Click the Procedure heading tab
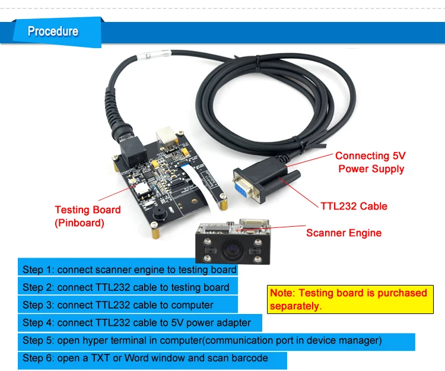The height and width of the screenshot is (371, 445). coord(53,31)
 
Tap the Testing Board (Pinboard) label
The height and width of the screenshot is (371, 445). coord(87,216)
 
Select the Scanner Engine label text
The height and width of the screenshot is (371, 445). coord(344,233)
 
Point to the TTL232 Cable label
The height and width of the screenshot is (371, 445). coord(354,207)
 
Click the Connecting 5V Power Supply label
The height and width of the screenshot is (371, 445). coord(370,162)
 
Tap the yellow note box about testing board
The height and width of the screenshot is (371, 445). coord(349,299)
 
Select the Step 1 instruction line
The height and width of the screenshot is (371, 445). coord(128,269)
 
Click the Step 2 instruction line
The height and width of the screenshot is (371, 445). coord(126,287)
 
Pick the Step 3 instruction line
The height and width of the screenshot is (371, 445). coord(118,305)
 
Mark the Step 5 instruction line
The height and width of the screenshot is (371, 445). coord(202,341)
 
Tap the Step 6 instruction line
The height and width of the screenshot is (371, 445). coord(145,359)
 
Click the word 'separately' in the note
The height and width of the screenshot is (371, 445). coord(295,307)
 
